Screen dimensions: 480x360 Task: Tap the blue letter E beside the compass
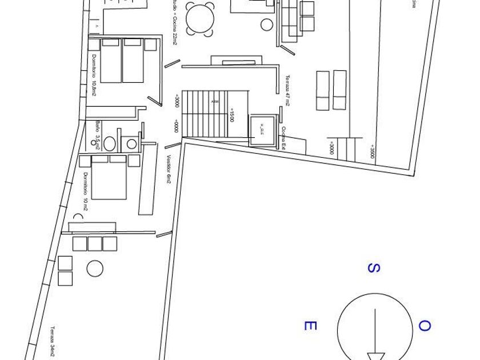(x=309, y=326)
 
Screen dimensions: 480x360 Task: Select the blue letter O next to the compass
(x=424, y=326)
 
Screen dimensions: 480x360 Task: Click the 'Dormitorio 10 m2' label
(x=85, y=191)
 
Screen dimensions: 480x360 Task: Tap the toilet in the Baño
(x=111, y=142)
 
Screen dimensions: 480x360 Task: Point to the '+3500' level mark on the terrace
(x=372, y=151)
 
